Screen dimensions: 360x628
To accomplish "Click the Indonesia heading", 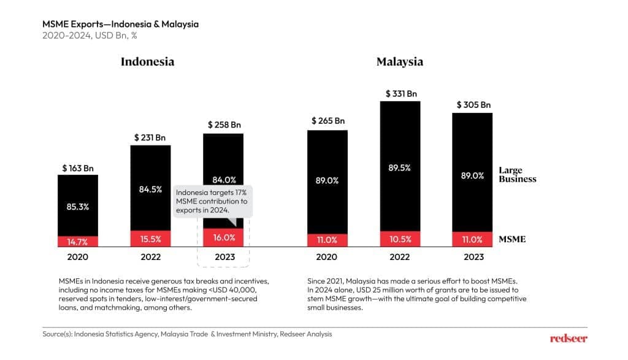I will tap(147, 61).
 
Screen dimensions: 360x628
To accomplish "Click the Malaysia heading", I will tap(400, 61).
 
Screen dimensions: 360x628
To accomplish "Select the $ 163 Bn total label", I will tap(78, 167).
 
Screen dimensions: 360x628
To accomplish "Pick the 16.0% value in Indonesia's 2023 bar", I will tap(223, 237).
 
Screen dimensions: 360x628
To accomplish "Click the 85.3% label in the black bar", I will tap(78, 207).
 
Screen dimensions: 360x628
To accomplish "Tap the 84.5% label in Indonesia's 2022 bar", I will tap(150, 189).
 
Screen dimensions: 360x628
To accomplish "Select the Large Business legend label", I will tap(517, 175).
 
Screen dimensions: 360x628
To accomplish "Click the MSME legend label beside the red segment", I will tap(512, 239).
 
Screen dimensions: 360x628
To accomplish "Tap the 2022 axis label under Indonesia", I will tap(150, 257).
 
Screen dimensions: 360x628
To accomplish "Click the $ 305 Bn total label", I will tap(473, 105).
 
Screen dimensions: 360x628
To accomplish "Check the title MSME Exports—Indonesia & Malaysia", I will tap(120, 24).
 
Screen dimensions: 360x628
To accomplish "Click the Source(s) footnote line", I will tap(187, 334).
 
